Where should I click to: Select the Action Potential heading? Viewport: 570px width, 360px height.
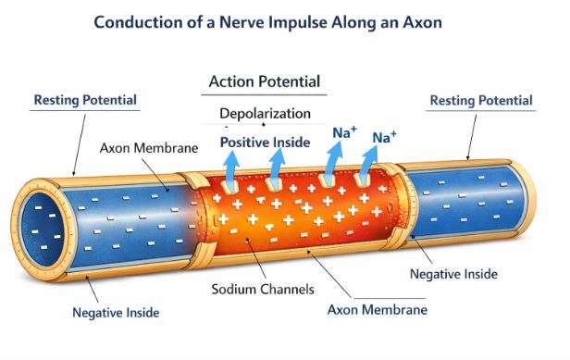tap(265, 81)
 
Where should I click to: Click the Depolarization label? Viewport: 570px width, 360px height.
tap(265, 114)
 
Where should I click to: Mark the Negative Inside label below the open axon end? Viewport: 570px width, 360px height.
tap(117, 312)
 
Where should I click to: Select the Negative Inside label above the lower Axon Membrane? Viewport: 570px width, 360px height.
tap(452, 274)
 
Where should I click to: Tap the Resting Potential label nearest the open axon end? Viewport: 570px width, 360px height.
tap(85, 100)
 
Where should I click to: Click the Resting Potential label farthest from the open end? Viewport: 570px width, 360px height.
tap(482, 100)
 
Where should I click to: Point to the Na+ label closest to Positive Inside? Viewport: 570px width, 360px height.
tap(345, 132)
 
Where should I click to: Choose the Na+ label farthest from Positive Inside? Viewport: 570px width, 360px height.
tap(385, 138)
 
